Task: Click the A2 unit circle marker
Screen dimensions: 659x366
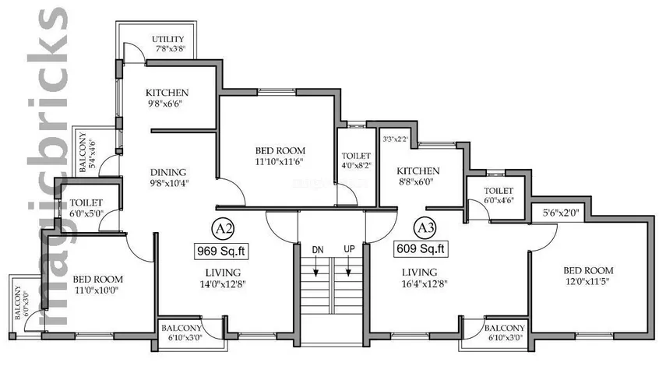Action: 223,228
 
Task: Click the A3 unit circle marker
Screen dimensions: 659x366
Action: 425,227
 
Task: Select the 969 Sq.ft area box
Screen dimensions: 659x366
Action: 221,251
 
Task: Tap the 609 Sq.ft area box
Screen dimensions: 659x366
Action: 421,248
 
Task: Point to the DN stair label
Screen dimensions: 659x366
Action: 318,250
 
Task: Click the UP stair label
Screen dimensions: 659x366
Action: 349,248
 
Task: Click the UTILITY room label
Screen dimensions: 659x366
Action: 168,39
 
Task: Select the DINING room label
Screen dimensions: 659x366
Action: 168,172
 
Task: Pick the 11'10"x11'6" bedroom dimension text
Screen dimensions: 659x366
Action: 280,161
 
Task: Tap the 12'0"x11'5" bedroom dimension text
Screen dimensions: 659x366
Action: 588,281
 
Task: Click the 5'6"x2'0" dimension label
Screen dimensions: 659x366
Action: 561,213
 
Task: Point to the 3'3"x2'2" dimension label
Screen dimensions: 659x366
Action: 395,139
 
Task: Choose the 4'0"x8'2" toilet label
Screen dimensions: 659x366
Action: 356,166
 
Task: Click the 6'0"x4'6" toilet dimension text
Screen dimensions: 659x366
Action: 499,200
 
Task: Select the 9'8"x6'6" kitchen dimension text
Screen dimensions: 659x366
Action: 167,104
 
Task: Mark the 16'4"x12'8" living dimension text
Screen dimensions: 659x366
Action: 425,283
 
